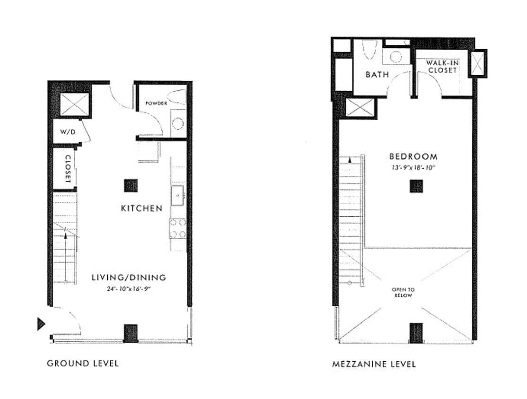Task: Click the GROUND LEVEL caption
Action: coord(83,364)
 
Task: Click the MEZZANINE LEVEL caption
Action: coord(374,364)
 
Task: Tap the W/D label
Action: coord(68,132)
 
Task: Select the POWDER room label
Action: coord(156,103)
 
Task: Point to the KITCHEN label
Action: coord(142,208)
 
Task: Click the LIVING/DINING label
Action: coord(129,278)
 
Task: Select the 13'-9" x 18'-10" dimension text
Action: coord(413,167)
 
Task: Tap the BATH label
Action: coord(377,74)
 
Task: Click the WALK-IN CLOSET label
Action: coord(442,67)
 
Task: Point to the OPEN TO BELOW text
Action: coord(403,292)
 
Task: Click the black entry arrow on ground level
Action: coord(41,324)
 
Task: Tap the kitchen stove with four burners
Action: coord(178,228)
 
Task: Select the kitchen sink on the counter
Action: coord(177,195)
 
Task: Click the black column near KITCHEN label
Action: coord(131,185)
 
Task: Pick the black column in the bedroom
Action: coord(416,186)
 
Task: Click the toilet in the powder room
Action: coord(177,97)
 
